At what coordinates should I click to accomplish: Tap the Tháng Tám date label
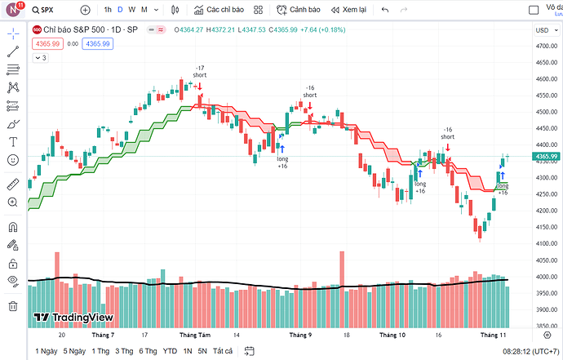tap(194, 335)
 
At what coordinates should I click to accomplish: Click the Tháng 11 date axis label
tap(494, 335)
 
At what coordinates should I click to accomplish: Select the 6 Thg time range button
tap(148, 351)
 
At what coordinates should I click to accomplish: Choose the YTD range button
tap(170, 351)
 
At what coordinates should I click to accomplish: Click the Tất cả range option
tap(222, 351)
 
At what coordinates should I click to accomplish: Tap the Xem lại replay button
tap(348, 10)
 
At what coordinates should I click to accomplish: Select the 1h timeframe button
tap(108, 10)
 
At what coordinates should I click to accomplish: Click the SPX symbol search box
tap(52, 10)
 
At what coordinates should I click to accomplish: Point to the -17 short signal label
tap(200, 71)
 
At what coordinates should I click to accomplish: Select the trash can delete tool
tap(12, 306)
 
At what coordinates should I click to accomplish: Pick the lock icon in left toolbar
tap(12, 264)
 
